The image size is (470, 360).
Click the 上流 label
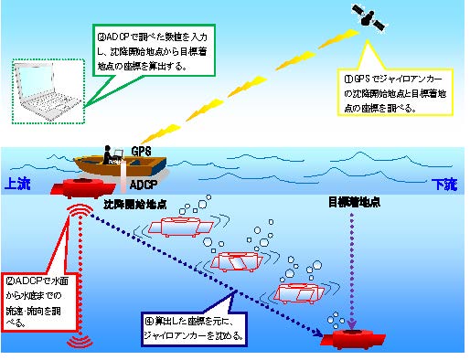click(18, 184)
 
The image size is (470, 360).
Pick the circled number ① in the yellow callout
click(338, 79)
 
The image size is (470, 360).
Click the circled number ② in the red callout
click(8, 280)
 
